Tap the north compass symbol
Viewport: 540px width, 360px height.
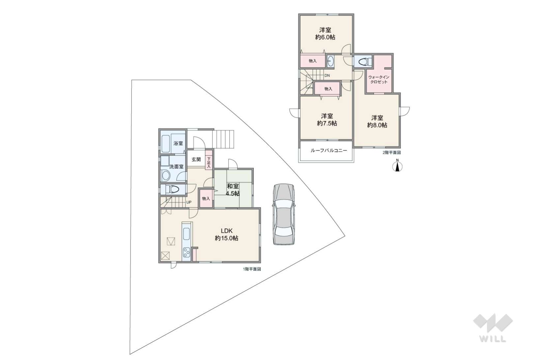click(397, 166)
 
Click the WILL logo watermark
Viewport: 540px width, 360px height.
click(493, 328)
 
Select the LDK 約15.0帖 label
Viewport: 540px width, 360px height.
click(227, 235)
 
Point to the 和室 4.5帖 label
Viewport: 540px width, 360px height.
click(233, 190)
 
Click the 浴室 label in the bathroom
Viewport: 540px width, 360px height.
click(178, 143)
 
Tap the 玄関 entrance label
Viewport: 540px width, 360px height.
click(196, 159)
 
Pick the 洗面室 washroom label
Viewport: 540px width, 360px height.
click(176, 167)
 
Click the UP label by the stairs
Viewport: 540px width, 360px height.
click(189, 202)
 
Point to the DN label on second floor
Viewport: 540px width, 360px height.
click(327, 75)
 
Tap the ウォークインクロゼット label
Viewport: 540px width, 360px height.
click(379, 79)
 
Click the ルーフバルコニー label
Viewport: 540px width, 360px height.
click(329, 151)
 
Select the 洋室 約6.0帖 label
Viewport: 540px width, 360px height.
click(325, 34)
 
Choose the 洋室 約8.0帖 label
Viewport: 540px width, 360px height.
click(377, 122)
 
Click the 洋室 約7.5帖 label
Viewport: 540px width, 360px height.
click(327, 120)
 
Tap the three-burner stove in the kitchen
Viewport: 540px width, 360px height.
click(186, 252)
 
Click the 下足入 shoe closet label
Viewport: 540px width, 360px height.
click(209, 163)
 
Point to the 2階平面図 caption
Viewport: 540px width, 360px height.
click(392, 152)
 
